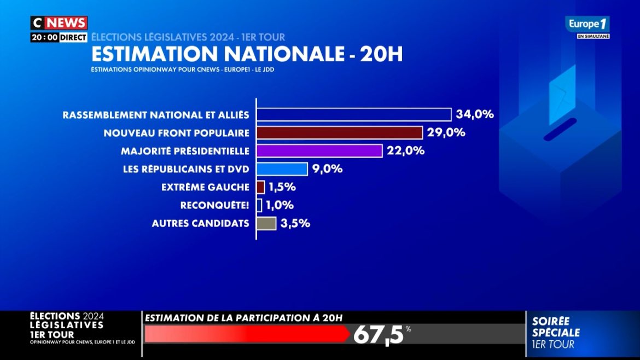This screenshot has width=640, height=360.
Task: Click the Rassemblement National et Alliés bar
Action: [354, 114]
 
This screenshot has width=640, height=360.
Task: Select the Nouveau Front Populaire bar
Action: [339, 132]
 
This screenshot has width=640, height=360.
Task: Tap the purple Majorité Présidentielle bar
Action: [319, 150]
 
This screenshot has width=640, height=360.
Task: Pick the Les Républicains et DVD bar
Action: [282, 169]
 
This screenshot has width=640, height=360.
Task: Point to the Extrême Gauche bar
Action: [260, 187]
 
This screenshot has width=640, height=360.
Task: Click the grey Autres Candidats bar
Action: [266, 223]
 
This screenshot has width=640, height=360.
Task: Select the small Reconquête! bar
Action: [259, 205]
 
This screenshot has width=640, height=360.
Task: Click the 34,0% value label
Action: [475, 114]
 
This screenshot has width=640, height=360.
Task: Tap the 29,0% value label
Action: [446, 132]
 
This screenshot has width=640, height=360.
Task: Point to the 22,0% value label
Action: [406, 150]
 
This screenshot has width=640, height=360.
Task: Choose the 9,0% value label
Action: [328, 169]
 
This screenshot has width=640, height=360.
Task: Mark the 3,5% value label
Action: [295, 223]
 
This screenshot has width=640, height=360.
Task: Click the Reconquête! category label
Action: [214, 205]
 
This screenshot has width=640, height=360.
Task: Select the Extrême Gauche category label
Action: [205, 187]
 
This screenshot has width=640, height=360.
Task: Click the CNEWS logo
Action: [59, 23]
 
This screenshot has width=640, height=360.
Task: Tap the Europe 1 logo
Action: [587, 24]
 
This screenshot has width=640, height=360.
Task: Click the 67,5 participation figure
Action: [378, 334]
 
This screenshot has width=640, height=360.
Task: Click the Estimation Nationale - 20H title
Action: [246, 55]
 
